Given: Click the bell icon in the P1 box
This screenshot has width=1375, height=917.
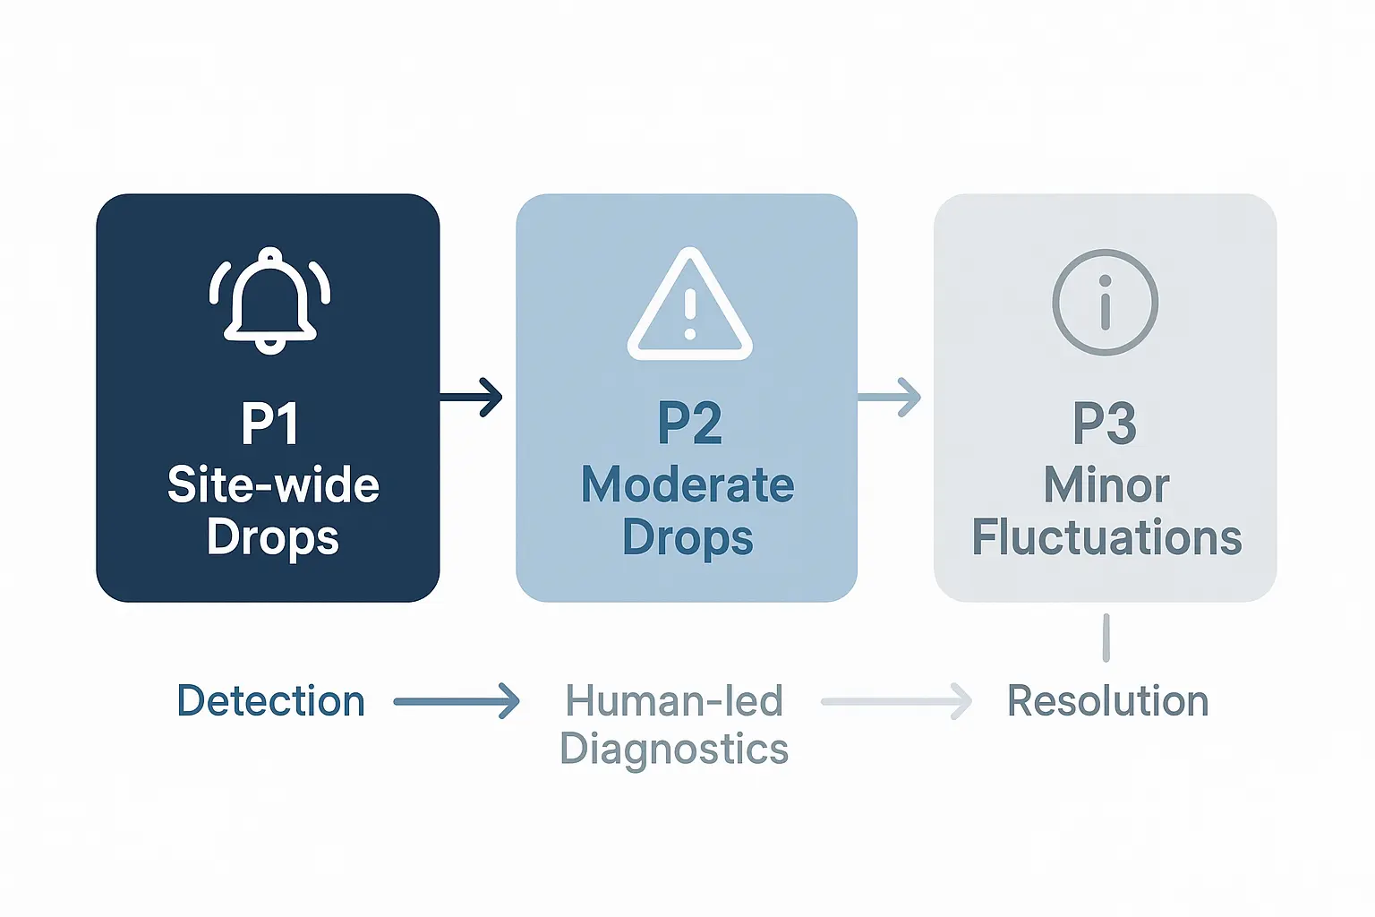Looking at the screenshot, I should (x=269, y=300).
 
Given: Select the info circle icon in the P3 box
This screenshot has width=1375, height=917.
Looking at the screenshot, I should (x=1105, y=303).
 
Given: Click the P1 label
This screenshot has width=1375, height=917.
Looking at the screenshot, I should (x=269, y=424).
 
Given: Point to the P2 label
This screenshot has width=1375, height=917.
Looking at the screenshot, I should (x=689, y=424).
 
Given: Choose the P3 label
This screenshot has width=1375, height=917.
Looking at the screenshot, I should (x=1105, y=424).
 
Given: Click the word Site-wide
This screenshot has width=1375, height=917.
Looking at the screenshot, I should (x=273, y=485).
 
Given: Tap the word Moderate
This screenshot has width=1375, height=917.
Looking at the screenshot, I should (x=687, y=485).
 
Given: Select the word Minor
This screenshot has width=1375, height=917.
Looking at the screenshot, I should (x=1106, y=485).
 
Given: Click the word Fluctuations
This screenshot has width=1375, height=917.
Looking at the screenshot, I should (x=1106, y=537).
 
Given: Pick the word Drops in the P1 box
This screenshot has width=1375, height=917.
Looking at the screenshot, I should (x=273, y=537).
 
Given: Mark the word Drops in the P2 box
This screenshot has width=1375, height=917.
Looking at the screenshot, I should (x=687, y=537).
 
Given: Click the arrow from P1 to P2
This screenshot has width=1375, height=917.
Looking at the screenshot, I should (x=472, y=397).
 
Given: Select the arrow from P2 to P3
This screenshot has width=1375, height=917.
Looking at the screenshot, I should (x=890, y=397).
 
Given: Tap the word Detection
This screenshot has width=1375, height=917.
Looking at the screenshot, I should (x=271, y=701).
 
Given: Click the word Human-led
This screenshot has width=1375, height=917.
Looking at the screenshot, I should (x=674, y=701).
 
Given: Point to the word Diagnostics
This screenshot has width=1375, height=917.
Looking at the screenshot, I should (x=674, y=749).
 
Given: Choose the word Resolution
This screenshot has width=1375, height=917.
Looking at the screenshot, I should (x=1108, y=701).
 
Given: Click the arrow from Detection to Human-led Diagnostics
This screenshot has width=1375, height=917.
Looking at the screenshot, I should (x=457, y=701).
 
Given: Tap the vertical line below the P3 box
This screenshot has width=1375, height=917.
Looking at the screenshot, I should (x=1106, y=638).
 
